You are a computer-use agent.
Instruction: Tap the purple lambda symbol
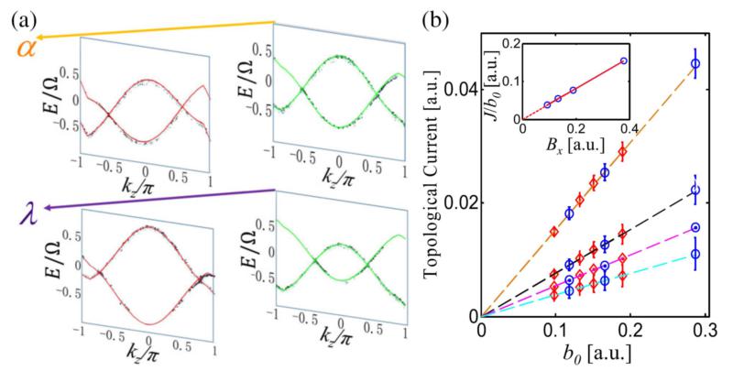click(27, 216)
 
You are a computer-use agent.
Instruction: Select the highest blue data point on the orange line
click(695, 63)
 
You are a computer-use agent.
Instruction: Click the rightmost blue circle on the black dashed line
click(695, 191)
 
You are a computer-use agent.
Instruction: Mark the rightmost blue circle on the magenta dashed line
click(695, 227)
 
